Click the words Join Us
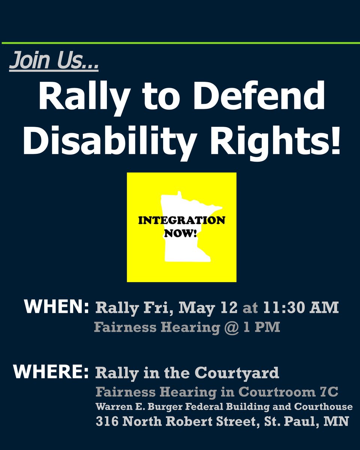point(54,61)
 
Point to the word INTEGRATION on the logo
point(182,220)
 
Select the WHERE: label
point(51,372)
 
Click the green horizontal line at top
point(180,43)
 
